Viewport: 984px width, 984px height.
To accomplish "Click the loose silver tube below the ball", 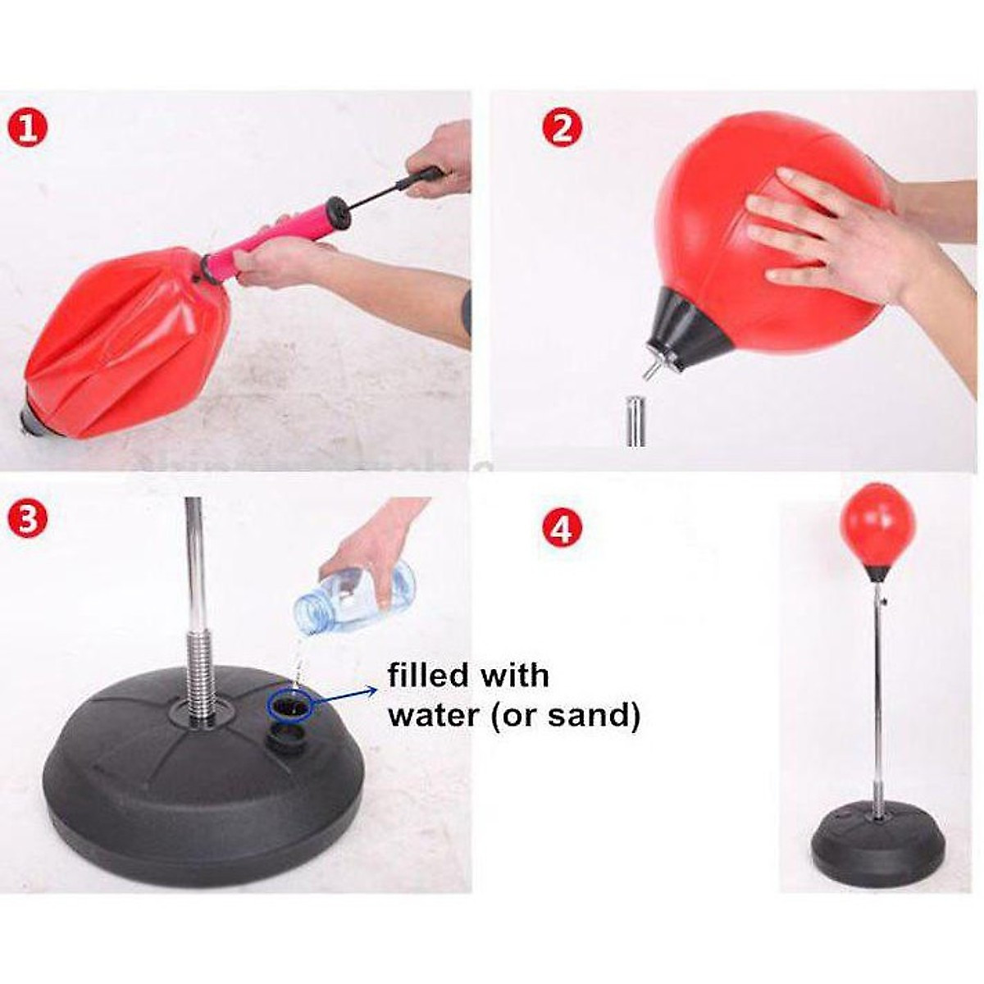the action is [x=635, y=421].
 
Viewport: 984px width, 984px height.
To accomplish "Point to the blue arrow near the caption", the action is [x=343, y=697].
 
